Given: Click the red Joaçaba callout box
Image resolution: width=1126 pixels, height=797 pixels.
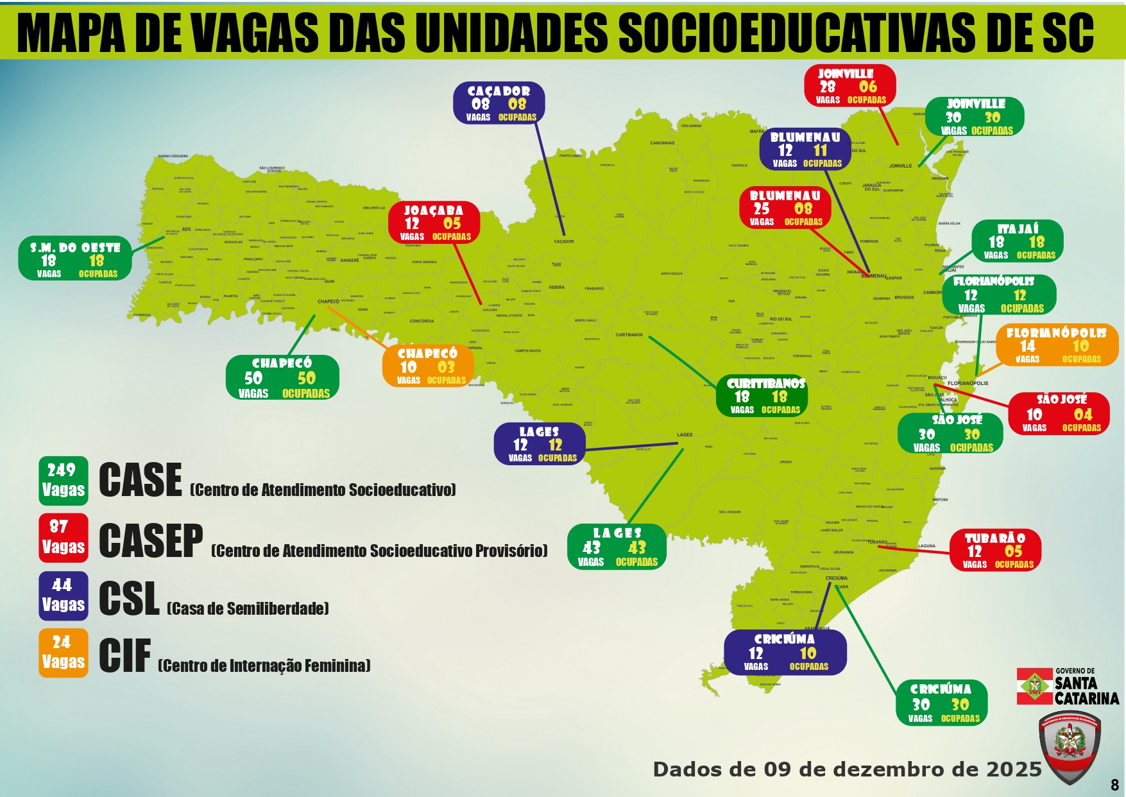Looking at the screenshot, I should (434, 223).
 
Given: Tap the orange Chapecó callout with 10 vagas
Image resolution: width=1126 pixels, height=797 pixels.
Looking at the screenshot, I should (428, 366).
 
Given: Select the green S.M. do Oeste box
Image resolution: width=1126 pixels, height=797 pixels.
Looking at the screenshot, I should (75, 259).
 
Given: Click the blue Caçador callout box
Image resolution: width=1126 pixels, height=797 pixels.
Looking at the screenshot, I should (499, 103).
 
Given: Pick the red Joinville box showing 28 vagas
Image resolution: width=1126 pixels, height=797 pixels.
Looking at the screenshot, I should (849, 86).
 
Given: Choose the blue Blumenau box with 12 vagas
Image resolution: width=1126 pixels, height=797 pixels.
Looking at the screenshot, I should (805, 150).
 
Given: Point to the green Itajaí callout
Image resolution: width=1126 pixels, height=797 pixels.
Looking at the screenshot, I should (1017, 241).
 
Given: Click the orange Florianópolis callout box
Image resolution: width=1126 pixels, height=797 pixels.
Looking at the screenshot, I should (1057, 345).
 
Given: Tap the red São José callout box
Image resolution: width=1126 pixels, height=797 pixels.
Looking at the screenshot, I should (1059, 414).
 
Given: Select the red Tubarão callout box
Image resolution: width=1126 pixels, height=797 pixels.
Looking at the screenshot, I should (995, 550).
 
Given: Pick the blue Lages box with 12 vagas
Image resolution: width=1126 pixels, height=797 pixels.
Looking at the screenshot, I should (540, 444).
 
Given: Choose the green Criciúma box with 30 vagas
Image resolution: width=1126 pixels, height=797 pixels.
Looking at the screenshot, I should (941, 703).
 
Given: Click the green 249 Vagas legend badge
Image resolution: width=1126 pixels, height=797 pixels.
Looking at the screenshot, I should (63, 480).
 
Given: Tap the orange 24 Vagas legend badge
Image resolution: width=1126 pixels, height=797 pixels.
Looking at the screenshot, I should (63, 653).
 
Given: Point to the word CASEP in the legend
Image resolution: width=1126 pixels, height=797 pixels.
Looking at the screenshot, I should (151, 540).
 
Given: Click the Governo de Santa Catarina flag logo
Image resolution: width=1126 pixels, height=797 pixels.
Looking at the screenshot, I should (1034, 686).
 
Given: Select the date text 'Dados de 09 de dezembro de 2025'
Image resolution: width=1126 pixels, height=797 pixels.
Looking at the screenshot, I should (847, 769).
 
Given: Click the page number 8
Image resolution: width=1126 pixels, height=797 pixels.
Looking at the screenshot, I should (1114, 785).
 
